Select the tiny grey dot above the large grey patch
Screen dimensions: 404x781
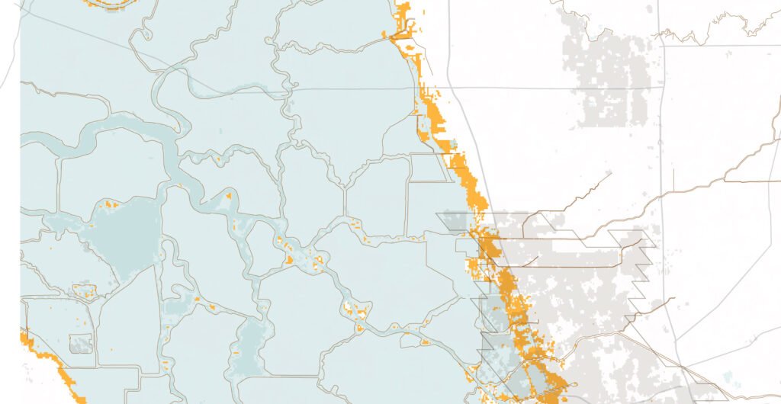(649, 8)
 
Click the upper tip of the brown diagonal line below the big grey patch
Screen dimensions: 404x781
(610, 174)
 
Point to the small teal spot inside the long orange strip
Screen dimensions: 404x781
(455, 143)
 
